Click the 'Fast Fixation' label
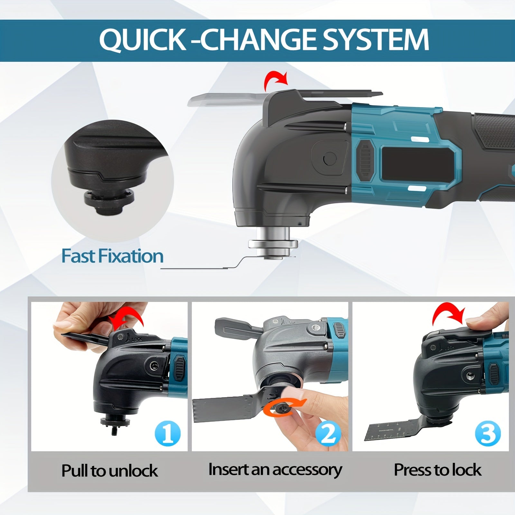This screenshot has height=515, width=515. [112, 256]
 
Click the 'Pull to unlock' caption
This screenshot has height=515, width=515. [109, 471]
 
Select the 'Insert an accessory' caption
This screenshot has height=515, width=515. [275, 470]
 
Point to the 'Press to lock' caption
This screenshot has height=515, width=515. [438, 470]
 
